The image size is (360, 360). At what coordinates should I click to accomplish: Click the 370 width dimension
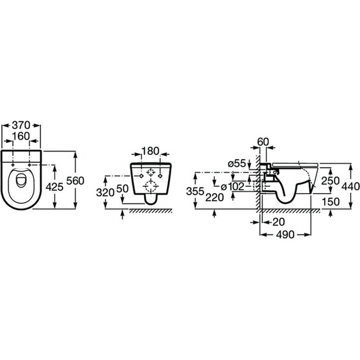pos(21,125)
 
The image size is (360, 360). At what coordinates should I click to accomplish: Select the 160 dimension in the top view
pos(21,136)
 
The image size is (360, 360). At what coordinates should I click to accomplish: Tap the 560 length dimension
pos(75,181)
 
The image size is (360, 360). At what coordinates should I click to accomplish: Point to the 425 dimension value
pos(55,187)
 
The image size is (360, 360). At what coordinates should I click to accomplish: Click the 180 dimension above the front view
pos(150,151)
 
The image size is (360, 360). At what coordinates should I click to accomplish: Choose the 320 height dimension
pos(106,192)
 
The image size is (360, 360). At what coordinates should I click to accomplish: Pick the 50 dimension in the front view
pos(122,189)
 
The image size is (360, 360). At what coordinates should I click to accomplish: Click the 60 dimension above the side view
pos(263,142)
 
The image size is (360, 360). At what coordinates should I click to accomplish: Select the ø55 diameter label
pos(237,164)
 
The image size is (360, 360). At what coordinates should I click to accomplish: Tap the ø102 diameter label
pos(233,187)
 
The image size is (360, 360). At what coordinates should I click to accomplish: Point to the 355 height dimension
pos(195,191)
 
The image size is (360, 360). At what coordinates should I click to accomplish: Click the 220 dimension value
pos(214,197)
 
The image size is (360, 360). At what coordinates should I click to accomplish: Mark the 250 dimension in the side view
pos(330,181)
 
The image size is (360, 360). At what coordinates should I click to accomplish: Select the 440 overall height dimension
pos(351,186)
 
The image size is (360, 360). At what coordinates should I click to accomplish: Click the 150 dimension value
pos(331,202)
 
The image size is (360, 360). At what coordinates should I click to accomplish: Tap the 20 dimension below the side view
pos(279,222)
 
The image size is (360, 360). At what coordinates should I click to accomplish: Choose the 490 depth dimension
pos(285,235)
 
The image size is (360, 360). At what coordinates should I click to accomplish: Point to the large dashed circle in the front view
pos(151,186)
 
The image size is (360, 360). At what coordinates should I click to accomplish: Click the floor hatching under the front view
pos(150,211)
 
